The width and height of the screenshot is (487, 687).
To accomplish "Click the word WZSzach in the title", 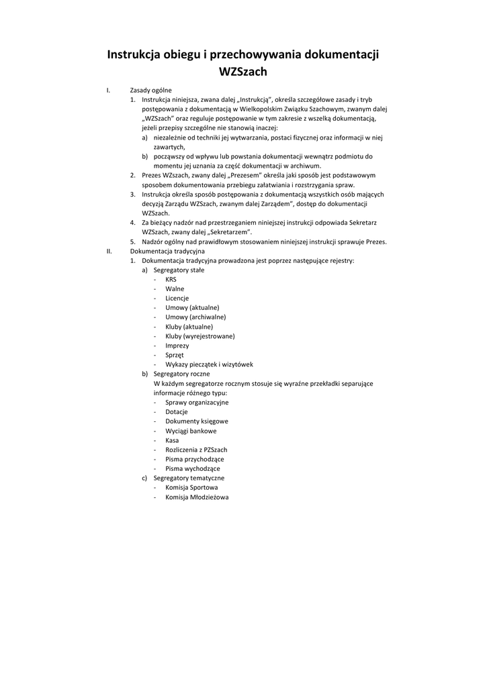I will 243,70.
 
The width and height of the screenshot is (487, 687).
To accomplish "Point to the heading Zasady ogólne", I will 150,90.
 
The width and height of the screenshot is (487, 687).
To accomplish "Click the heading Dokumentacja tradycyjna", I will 167,251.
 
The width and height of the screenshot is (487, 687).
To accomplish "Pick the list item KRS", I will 171,279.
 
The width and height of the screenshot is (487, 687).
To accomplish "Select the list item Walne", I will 175,288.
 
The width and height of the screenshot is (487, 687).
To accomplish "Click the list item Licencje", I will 177,298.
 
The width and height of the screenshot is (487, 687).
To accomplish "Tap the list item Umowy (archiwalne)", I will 195,317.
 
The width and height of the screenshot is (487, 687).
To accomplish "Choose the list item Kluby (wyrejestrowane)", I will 200,336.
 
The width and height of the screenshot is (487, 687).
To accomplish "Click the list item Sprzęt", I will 175,355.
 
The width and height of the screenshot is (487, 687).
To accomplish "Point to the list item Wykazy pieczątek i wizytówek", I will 209,364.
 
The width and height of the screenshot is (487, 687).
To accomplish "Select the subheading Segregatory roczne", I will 181,374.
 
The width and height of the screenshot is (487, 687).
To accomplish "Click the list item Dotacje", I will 177,412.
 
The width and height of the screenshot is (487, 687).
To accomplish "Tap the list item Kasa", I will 172,440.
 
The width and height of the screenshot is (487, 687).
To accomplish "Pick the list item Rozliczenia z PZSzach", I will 196,450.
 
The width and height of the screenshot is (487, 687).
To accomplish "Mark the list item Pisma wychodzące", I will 193,468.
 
